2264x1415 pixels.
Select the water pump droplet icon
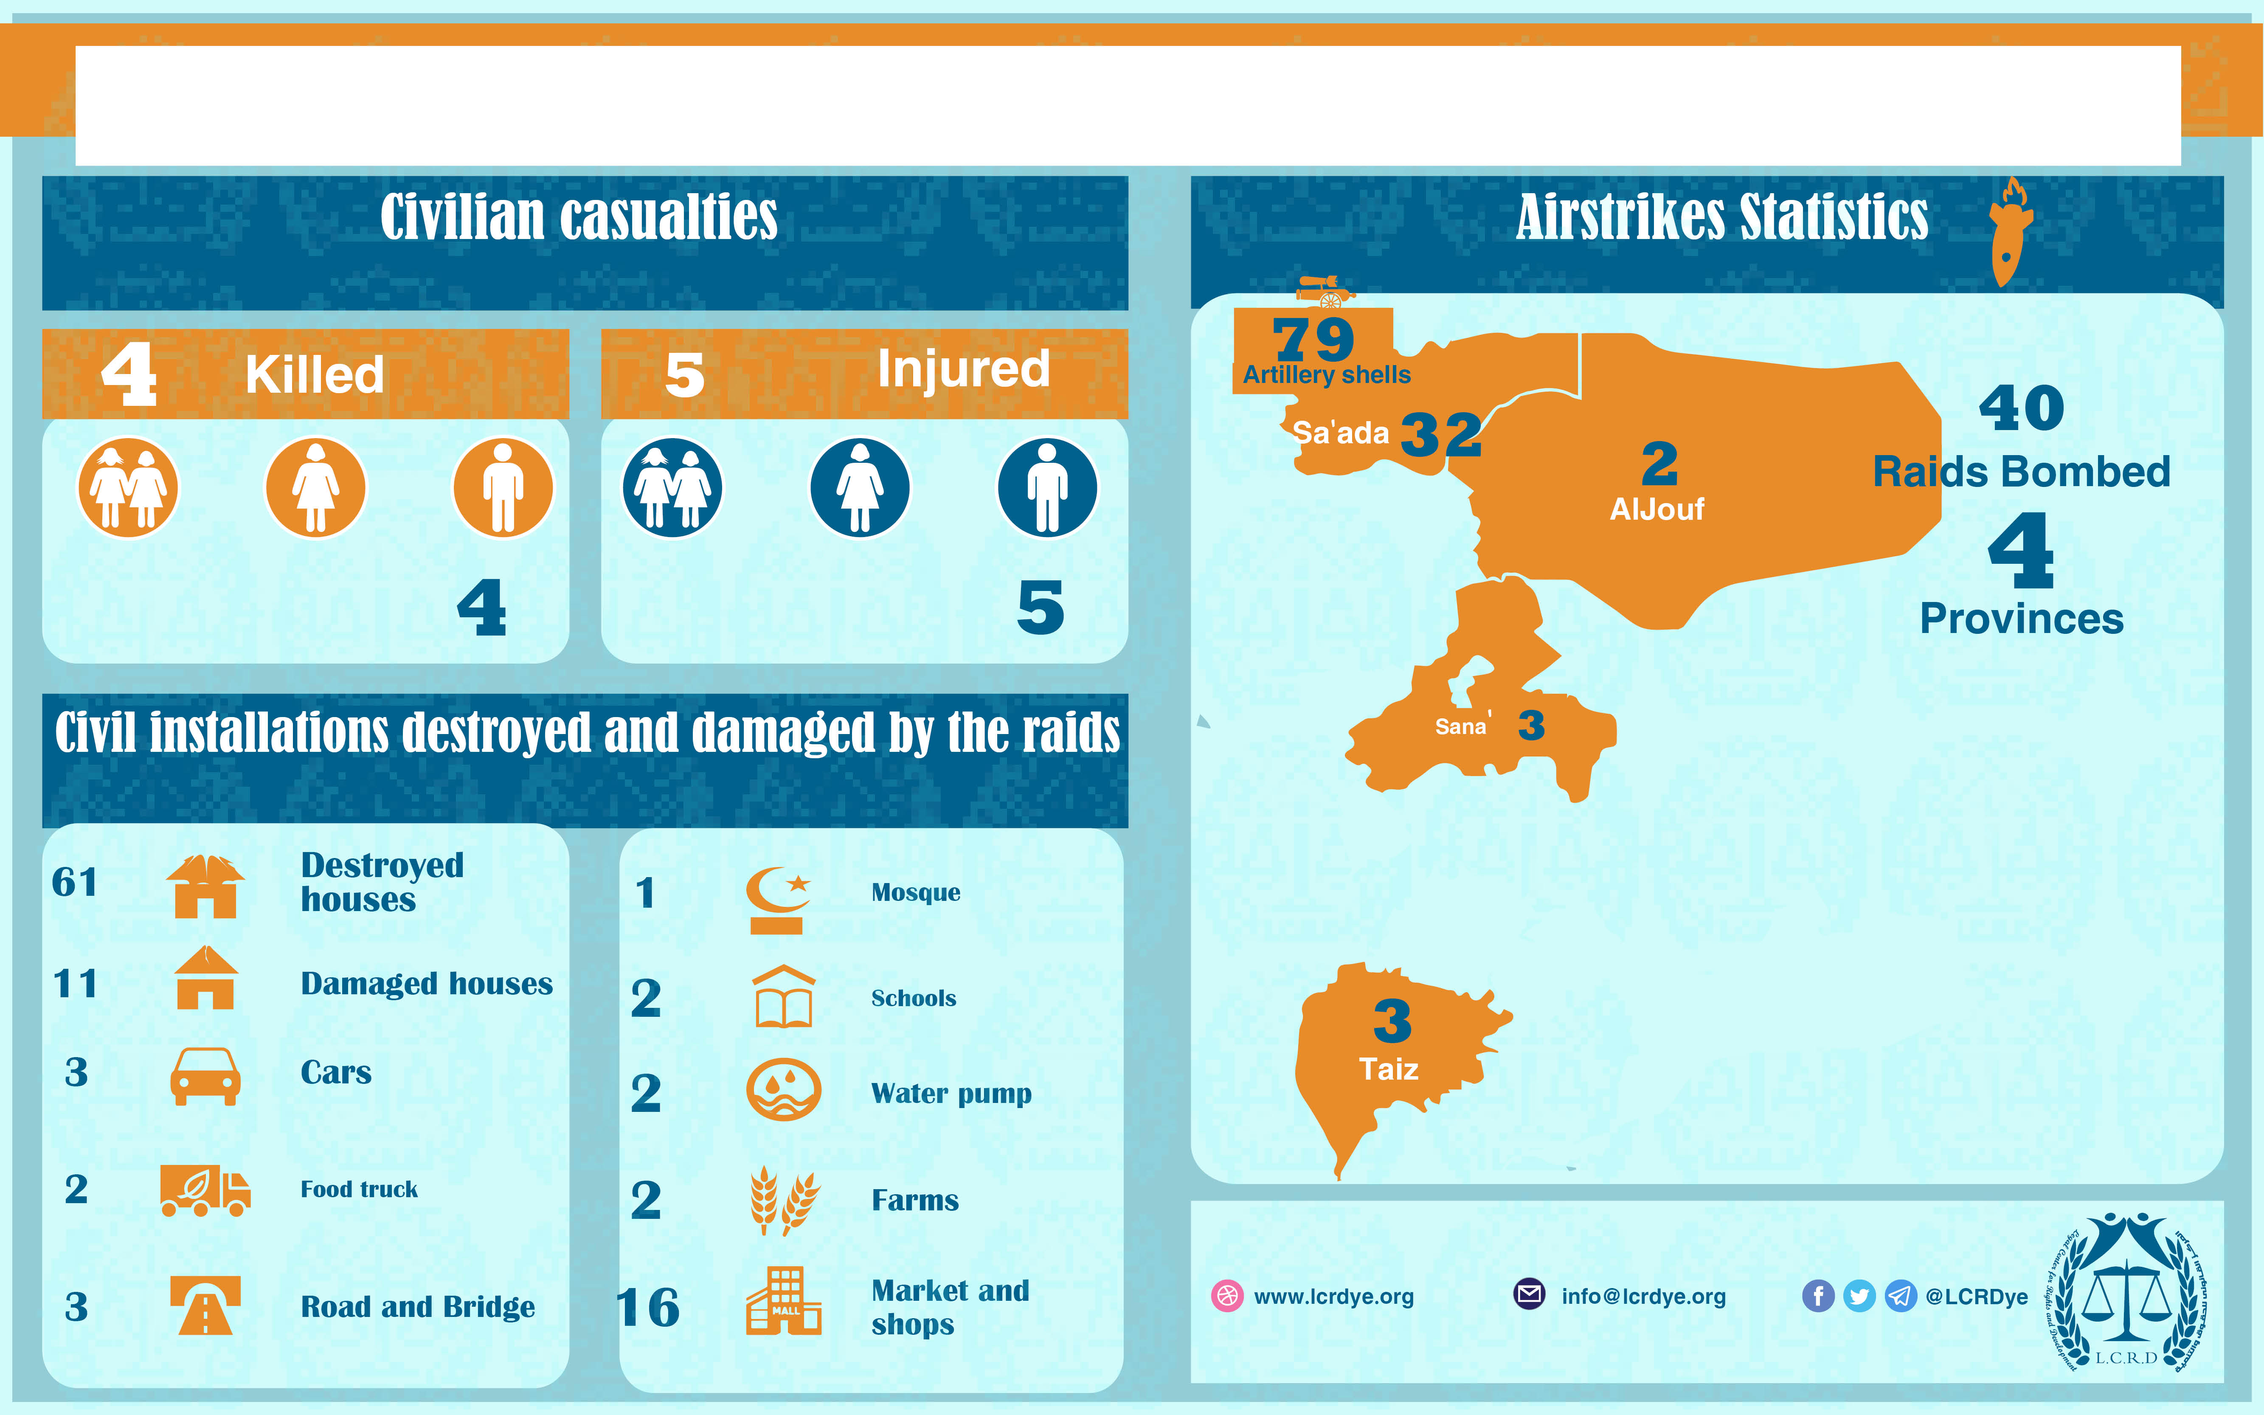pos(783,1090)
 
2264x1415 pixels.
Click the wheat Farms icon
pos(784,1201)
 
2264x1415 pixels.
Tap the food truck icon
pos(205,1190)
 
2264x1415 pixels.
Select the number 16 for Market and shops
pos(647,1307)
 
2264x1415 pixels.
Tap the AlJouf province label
pos(1657,509)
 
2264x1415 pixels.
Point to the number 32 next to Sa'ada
pos(1441,434)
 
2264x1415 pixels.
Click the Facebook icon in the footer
pos(1818,1296)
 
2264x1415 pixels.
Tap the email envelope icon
pos(1529,1294)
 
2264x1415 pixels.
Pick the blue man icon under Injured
pos(1047,487)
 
